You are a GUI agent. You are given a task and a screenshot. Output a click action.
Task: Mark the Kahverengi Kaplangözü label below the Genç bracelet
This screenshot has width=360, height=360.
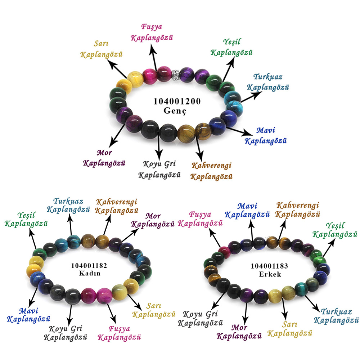(211, 171)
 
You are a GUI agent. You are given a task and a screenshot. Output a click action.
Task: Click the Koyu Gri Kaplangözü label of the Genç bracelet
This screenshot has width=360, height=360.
(159, 170)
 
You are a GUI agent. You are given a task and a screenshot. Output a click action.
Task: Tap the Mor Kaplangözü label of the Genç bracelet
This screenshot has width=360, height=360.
(104, 158)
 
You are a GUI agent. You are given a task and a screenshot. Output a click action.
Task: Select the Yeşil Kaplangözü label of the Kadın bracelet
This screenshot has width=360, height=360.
(26, 219)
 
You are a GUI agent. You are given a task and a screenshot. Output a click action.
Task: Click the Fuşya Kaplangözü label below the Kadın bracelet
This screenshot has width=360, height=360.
(119, 333)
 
